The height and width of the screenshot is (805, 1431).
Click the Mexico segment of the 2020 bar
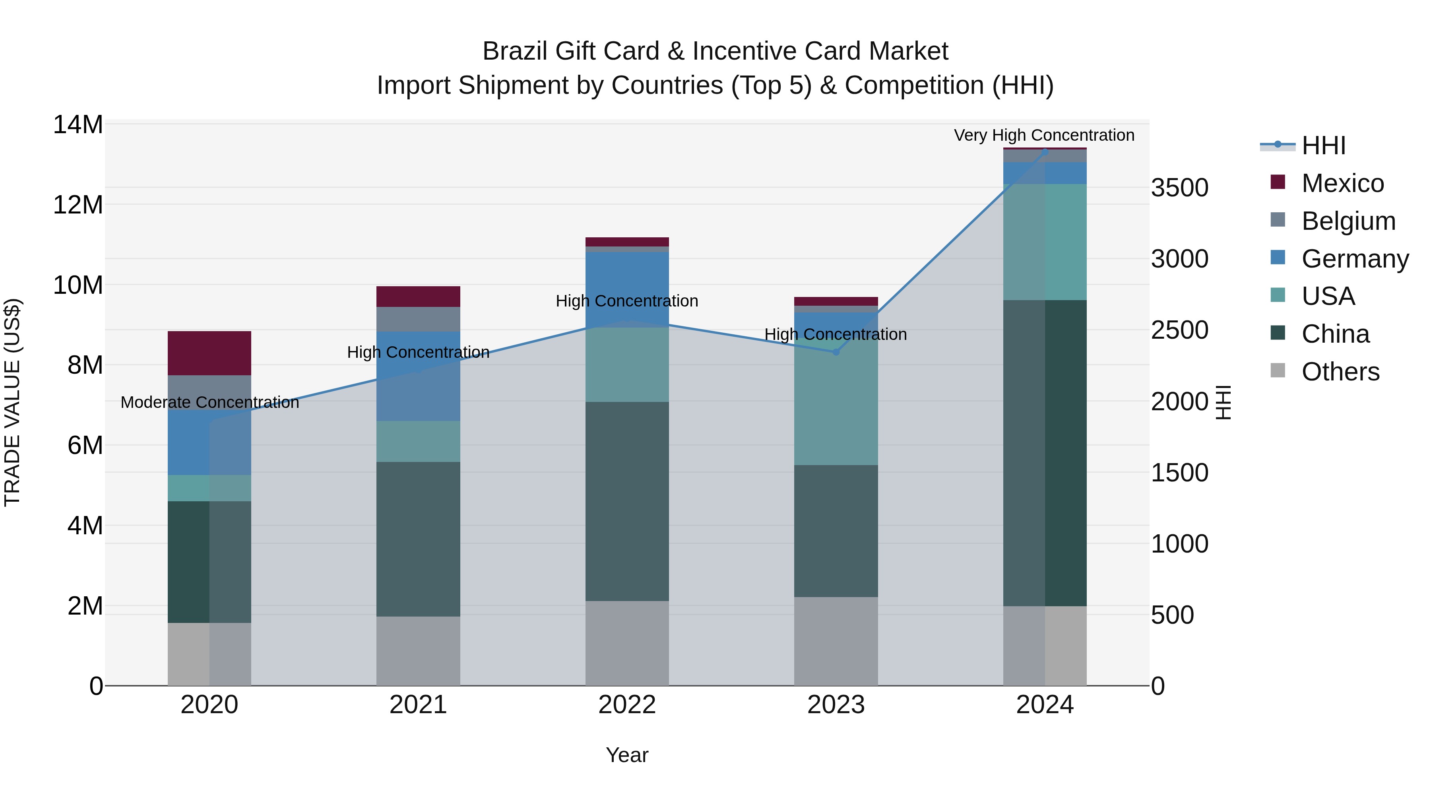(209, 353)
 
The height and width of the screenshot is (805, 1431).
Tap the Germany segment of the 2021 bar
(418, 376)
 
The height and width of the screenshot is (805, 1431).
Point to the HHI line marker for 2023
(836, 352)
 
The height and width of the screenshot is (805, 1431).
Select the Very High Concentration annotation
(1044, 135)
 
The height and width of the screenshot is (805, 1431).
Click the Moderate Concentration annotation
(209, 402)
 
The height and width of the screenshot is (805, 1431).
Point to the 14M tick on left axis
(78, 124)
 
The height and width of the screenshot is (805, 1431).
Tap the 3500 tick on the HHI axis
(1179, 188)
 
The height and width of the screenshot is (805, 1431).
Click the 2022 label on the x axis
(627, 705)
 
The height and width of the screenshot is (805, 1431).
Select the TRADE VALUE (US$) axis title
(12, 402)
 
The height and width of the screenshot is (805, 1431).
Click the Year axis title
(627, 755)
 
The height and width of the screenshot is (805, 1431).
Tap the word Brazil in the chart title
(514, 51)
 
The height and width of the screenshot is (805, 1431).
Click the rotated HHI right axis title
(1224, 402)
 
